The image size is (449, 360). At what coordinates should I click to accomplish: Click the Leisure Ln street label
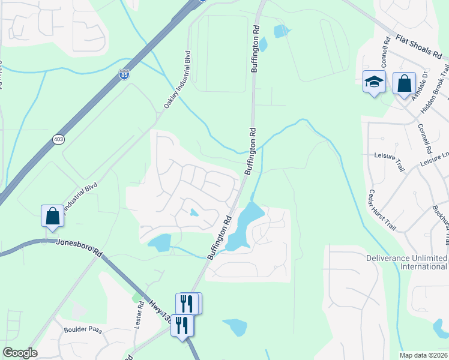(x=434, y=159)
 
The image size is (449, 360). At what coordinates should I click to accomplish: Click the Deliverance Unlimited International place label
(x=407, y=262)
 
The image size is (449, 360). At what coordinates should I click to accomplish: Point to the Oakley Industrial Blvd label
(x=177, y=80)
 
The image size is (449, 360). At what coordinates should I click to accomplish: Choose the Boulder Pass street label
(x=83, y=330)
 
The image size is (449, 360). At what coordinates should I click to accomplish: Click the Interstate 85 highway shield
(x=124, y=74)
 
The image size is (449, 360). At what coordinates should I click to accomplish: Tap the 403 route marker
(x=58, y=139)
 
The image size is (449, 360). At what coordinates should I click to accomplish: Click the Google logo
(x=19, y=353)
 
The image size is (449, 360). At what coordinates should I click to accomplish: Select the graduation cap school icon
(x=374, y=83)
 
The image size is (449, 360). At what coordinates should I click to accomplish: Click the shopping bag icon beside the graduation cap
(x=405, y=83)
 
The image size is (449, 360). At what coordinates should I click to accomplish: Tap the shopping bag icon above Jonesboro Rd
(x=53, y=215)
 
